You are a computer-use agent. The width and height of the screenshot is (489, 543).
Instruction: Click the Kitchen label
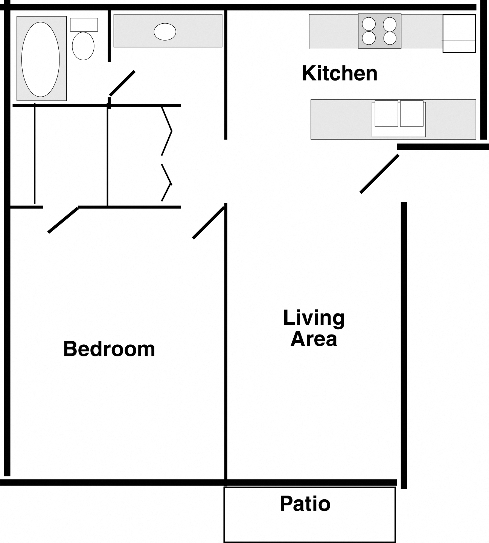(340, 73)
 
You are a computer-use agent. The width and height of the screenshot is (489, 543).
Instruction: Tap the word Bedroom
(109, 349)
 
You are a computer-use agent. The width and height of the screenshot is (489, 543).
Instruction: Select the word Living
(314, 318)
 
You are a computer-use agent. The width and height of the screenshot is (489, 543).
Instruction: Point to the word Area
(314, 339)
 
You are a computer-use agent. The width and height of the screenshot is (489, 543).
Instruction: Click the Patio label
(305, 503)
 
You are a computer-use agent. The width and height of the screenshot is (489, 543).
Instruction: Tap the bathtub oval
(41, 59)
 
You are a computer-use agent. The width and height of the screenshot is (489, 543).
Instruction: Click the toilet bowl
(83, 46)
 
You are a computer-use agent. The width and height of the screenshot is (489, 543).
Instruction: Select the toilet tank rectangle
(84, 24)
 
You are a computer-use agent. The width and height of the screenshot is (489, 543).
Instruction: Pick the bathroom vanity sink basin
(165, 32)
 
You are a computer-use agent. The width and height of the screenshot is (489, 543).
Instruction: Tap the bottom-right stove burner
(390, 38)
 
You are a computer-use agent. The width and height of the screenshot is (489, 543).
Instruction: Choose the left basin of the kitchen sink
(386, 113)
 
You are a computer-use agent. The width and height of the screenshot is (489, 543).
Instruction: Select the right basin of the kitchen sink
(411, 113)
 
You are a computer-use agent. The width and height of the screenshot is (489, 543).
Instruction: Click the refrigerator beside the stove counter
(459, 33)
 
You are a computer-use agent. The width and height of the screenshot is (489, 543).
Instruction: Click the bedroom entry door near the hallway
(209, 223)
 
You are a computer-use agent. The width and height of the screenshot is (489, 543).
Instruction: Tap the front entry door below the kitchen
(379, 174)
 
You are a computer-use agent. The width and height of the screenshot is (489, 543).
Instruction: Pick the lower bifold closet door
(167, 183)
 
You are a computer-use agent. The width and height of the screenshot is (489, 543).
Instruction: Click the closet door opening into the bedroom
(63, 220)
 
